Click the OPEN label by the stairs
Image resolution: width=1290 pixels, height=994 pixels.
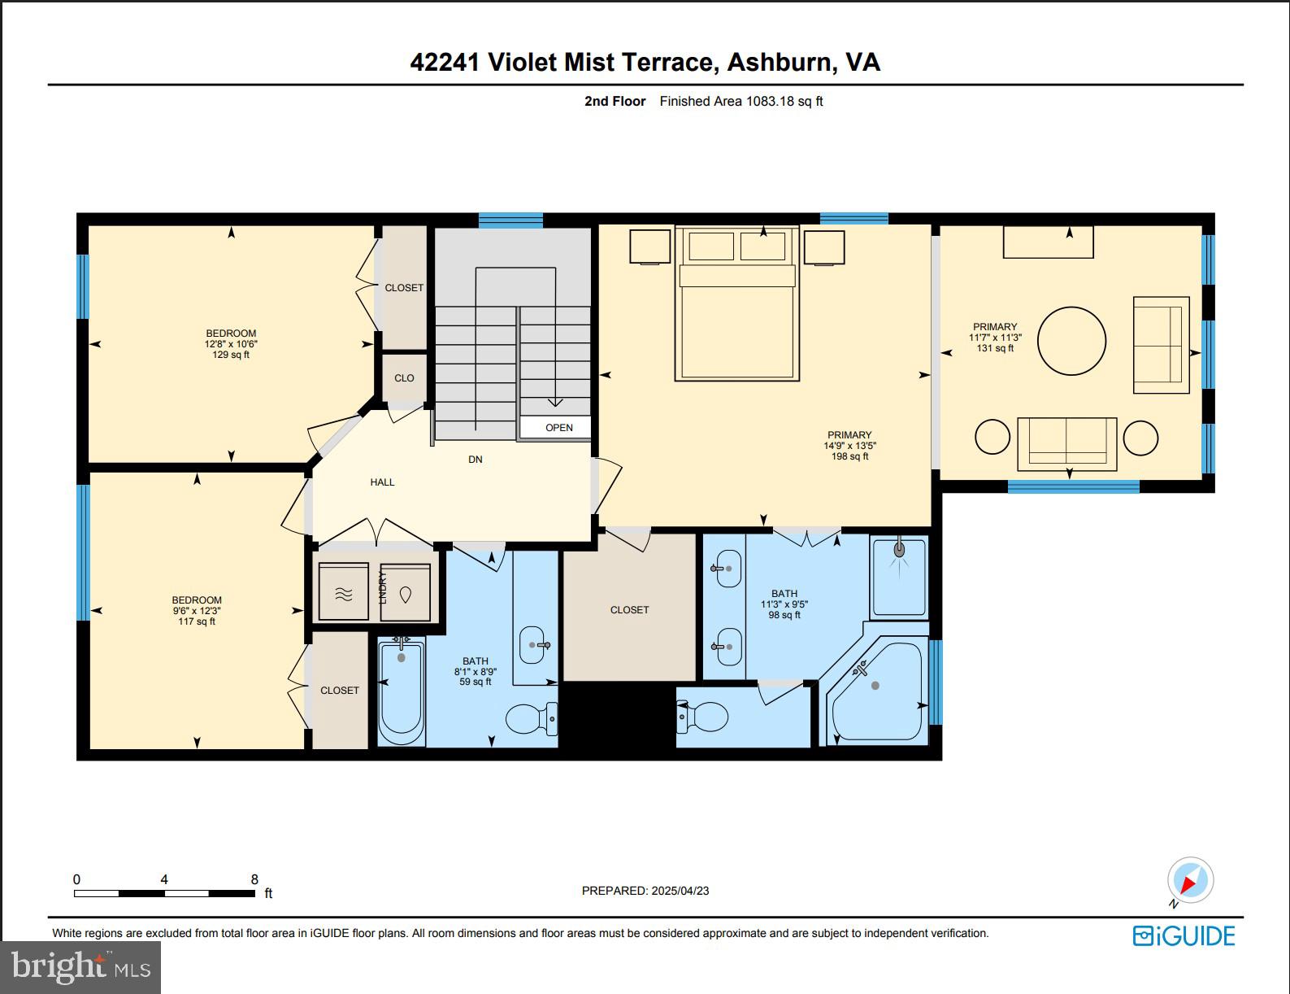click(x=558, y=427)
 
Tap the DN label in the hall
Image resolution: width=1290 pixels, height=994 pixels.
click(x=476, y=460)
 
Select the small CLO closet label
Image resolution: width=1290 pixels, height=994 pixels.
click(x=404, y=378)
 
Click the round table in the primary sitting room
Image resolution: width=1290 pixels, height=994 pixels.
click(x=1071, y=341)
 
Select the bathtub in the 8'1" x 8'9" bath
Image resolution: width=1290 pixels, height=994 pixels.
click(x=401, y=691)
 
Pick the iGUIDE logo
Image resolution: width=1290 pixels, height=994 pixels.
click(x=1184, y=935)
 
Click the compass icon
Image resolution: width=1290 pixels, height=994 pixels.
click(x=1190, y=881)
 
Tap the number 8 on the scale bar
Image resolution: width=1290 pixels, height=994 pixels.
click(x=254, y=879)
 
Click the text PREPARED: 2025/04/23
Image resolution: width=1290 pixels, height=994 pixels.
click(x=645, y=891)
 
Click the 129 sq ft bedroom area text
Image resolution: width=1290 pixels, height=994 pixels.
click(x=231, y=355)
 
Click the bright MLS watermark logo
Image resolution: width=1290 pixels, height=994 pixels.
click(x=80, y=967)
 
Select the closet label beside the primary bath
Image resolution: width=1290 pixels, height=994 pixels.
click(x=629, y=610)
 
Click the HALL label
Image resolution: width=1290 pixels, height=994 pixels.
click(x=382, y=482)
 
